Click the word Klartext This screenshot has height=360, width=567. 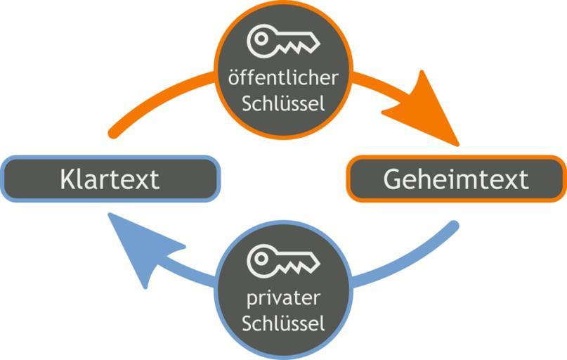tap(110, 179)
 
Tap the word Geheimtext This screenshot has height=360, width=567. tap(455, 179)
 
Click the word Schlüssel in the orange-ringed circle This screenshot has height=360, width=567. tap(283, 104)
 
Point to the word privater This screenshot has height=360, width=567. tap(283, 297)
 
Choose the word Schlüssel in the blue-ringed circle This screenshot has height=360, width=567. tap(283, 324)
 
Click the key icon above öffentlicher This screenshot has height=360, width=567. tap(283, 41)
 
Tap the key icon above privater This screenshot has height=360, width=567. tap(283, 261)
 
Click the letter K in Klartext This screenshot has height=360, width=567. tap(67, 179)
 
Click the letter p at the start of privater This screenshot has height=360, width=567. tap(252, 299)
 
